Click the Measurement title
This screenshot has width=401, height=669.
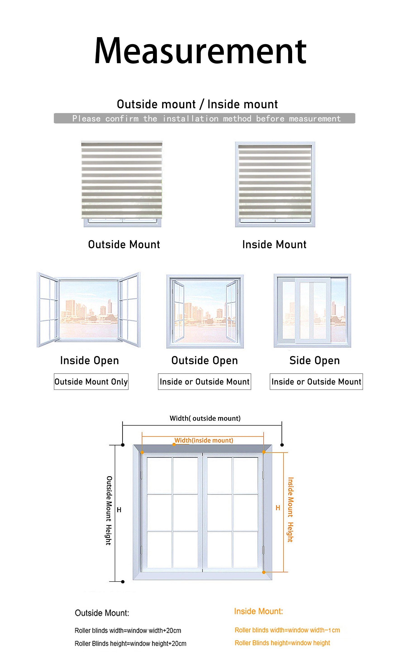click(200, 51)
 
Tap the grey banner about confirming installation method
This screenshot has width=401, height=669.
click(204, 118)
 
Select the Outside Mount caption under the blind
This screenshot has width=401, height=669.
click(124, 244)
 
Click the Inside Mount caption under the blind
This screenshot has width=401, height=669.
click(274, 244)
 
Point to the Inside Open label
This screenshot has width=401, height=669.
click(89, 360)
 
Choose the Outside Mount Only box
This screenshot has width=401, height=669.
click(91, 382)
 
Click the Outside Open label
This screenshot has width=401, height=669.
click(205, 360)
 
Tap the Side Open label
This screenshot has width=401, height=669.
click(315, 360)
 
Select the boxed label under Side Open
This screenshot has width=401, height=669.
click(316, 382)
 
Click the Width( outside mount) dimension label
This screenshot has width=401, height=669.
click(205, 418)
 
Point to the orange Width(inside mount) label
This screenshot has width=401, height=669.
click(204, 440)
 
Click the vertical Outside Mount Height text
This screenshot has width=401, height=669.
click(109, 510)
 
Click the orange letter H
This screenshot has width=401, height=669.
click(278, 508)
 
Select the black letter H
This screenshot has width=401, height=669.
click(119, 510)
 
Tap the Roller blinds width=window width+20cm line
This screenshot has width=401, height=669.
click(128, 630)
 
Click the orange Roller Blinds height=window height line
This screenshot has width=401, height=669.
click(282, 643)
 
